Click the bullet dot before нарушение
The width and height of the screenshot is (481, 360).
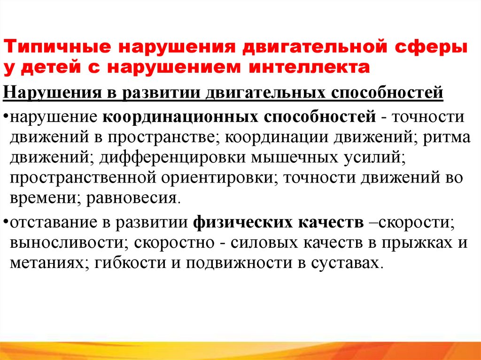pos(5,116)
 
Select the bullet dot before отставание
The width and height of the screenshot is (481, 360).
pos(5,222)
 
